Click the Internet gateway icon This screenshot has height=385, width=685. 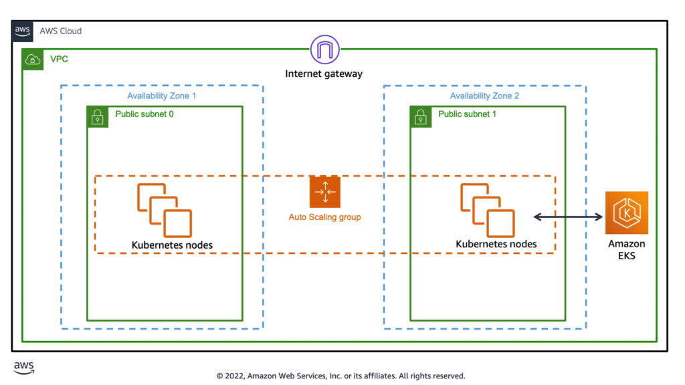tap(324, 51)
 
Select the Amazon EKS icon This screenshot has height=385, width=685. tap(626, 213)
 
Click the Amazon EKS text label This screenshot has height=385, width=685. tap(626, 249)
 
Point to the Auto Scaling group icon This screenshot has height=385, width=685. tap(324, 192)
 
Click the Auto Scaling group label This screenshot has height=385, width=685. tap(324, 217)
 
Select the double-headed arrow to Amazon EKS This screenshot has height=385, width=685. tap(569, 216)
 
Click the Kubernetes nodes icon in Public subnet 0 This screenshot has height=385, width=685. tap(165, 210)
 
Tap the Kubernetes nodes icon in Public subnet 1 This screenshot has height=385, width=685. tap(487, 210)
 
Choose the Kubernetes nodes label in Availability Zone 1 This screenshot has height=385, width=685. tap(172, 245)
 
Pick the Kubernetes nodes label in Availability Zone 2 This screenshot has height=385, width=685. tap(496, 244)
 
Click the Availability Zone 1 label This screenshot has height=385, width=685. tap(162, 96)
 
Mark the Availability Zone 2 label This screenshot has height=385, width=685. tap(484, 96)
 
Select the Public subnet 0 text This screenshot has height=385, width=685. tap(144, 114)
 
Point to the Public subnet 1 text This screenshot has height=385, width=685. tap(467, 114)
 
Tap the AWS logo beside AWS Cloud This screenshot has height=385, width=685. tap(22, 31)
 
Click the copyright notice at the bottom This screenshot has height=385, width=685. tap(340, 376)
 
